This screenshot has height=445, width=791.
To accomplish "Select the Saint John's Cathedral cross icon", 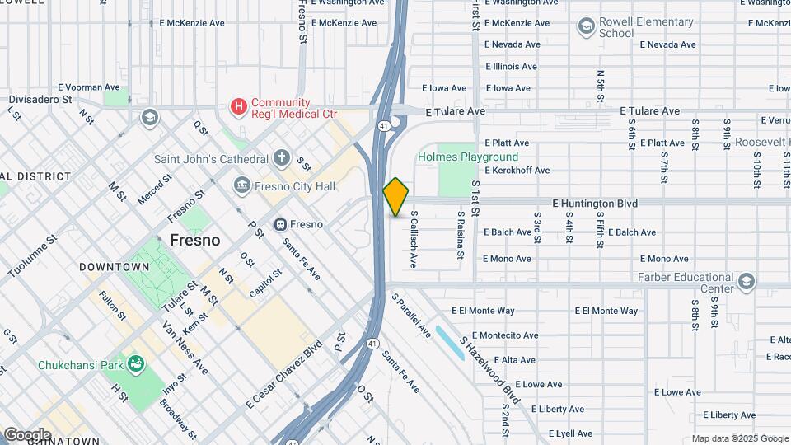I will point(282,158).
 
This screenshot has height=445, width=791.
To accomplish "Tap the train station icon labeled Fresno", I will point(280,224).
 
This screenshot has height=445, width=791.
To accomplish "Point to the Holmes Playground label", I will point(468,157).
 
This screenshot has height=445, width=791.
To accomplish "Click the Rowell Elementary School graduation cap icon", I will point(586,26).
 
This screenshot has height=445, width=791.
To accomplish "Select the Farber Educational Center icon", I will point(747,283).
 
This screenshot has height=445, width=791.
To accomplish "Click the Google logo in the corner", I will point(27,434).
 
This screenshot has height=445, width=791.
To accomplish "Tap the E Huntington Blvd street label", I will point(595,204).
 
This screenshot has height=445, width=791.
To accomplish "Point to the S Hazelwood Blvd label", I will point(490,368).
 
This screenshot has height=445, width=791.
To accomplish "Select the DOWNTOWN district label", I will point(115,267).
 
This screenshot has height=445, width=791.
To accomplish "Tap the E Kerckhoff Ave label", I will point(517,171).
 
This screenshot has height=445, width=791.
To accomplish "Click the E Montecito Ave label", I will point(497,335).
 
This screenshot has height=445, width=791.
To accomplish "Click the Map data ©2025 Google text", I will point(739,438).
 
